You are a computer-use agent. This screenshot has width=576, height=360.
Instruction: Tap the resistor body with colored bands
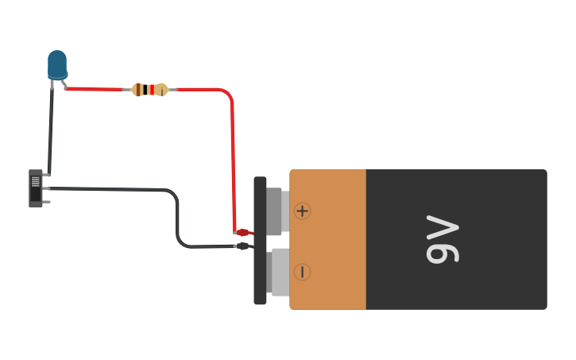(149, 90)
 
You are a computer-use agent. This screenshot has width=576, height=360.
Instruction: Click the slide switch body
(35, 188)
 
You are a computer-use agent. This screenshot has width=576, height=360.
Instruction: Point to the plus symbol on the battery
(302, 211)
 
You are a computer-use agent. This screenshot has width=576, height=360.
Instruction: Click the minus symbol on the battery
(302, 272)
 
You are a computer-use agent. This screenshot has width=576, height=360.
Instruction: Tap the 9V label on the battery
(443, 239)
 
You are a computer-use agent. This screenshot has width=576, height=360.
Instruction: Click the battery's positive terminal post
(276, 211)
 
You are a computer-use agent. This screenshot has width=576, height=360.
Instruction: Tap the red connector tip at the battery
(243, 233)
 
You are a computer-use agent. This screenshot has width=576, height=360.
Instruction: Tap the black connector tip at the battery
(243, 246)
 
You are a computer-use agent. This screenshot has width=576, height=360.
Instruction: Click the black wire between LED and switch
(50, 127)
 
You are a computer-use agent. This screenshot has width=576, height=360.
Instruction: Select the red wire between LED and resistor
(95, 89)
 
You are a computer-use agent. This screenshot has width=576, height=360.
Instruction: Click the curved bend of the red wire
(228, 95)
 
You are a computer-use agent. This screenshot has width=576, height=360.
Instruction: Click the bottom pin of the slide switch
(47, 202)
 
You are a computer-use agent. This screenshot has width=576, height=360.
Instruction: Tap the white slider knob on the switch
(35, 181)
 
